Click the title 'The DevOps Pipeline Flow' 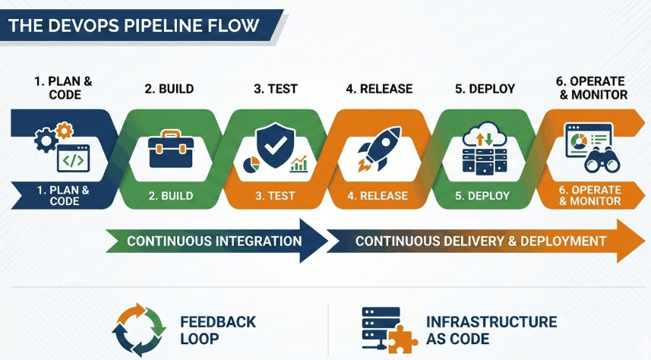tap(133, 25)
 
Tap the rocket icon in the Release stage tap(378, 147)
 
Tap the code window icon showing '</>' tap(73, 159)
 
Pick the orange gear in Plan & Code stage tap(65, 131)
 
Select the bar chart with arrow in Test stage tap(298, 163)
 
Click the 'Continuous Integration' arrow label tap(214, 242)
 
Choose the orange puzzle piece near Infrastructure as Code tap(403, 339)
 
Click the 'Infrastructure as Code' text tap(491, 330)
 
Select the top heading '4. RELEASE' tap(379, 89)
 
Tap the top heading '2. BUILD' tap(169, 89)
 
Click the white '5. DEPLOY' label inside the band tap(482, 196)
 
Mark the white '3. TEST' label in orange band tap(276, 196)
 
